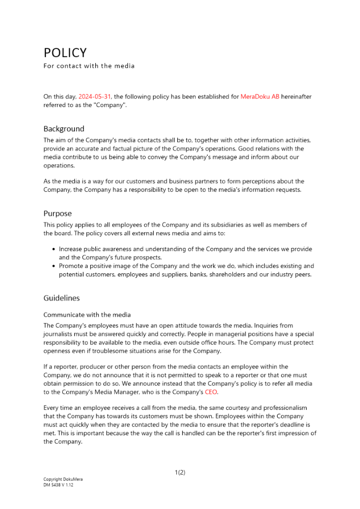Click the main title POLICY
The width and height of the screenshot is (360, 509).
pos(65,53)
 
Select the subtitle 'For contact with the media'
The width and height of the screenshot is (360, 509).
pos(89,66)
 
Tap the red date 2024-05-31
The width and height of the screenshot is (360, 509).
pos(95,96)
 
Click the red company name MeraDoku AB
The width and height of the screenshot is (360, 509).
pos(260,96)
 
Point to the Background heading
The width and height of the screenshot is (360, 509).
pos(64,129)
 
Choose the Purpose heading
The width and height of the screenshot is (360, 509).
pos(58,213)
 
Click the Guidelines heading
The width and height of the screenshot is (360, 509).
pos(62,298)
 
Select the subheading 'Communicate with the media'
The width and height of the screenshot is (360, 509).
pos(87,315)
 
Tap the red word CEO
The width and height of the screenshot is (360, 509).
pos(211,392)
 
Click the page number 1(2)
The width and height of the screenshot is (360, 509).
pos(180,472)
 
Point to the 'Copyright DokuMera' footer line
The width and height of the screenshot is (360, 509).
pos(63,479)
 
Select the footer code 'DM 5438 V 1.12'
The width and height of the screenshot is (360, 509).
pos(59,485)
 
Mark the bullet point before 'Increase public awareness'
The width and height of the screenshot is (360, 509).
pos(54,249)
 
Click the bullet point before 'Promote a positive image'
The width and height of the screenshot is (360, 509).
pos(54,266)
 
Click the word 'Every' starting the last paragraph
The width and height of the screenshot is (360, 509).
pos(52,408)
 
